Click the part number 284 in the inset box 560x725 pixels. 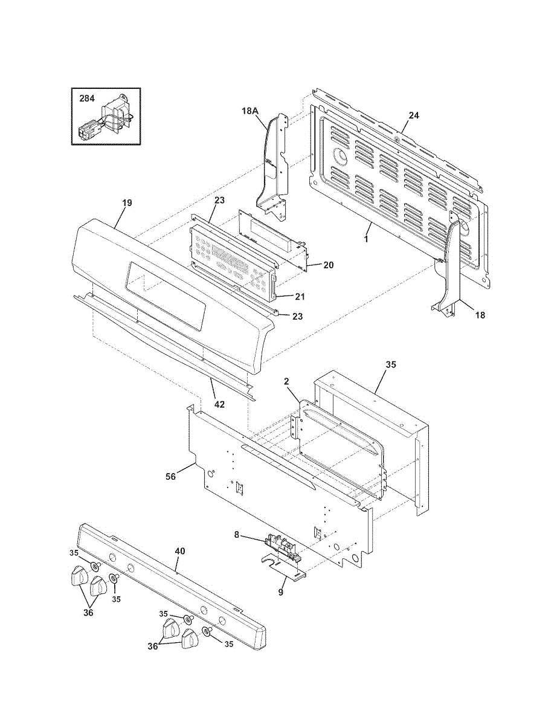[87, 98]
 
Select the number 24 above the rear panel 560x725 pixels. [413, 115]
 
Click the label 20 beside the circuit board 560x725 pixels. [328, 265]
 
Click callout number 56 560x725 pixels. [171, 477]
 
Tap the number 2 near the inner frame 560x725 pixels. [286, 381]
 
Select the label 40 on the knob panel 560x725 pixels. [179, 551]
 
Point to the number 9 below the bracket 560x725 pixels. [281, 592]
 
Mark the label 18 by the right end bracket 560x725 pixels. [480, 315]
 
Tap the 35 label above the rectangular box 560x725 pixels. [391, 364]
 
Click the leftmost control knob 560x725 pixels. [76, 575]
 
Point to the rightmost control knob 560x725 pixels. [190, 639]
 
